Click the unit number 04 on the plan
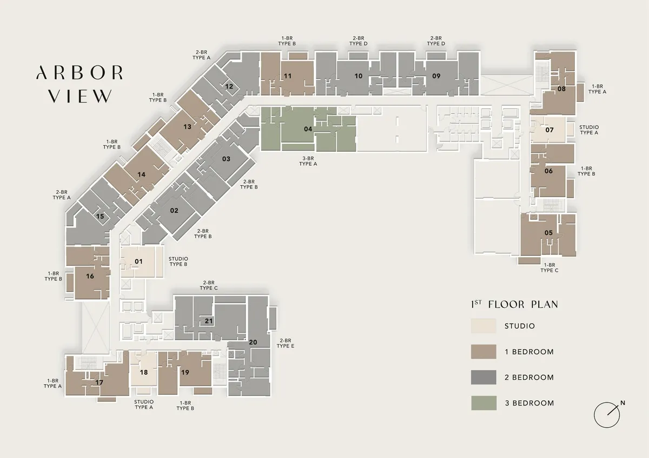tap(308, 129)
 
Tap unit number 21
tap(209, 321)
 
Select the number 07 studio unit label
tap(549, 130)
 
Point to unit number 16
tap(90, 277)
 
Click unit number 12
tap(229, 86)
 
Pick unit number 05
tap(548, 233)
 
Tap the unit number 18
tap(144, 372)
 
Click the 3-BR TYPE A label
tap(308, 161)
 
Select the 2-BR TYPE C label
tap(209, 285)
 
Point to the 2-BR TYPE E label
tap(286, 343)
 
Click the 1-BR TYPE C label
tap(549, 268)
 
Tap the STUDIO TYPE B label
tap(178, 261)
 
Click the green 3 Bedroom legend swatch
tap(484, 403)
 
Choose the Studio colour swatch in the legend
tap(484, 326)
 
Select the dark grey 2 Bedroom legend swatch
tap(484, 378)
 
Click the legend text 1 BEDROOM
tap(529, 352)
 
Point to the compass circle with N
tap(607, 415)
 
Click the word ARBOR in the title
tap(80, 72)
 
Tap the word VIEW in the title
tap(80, 96)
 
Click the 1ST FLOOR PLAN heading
tap(514, 304)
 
